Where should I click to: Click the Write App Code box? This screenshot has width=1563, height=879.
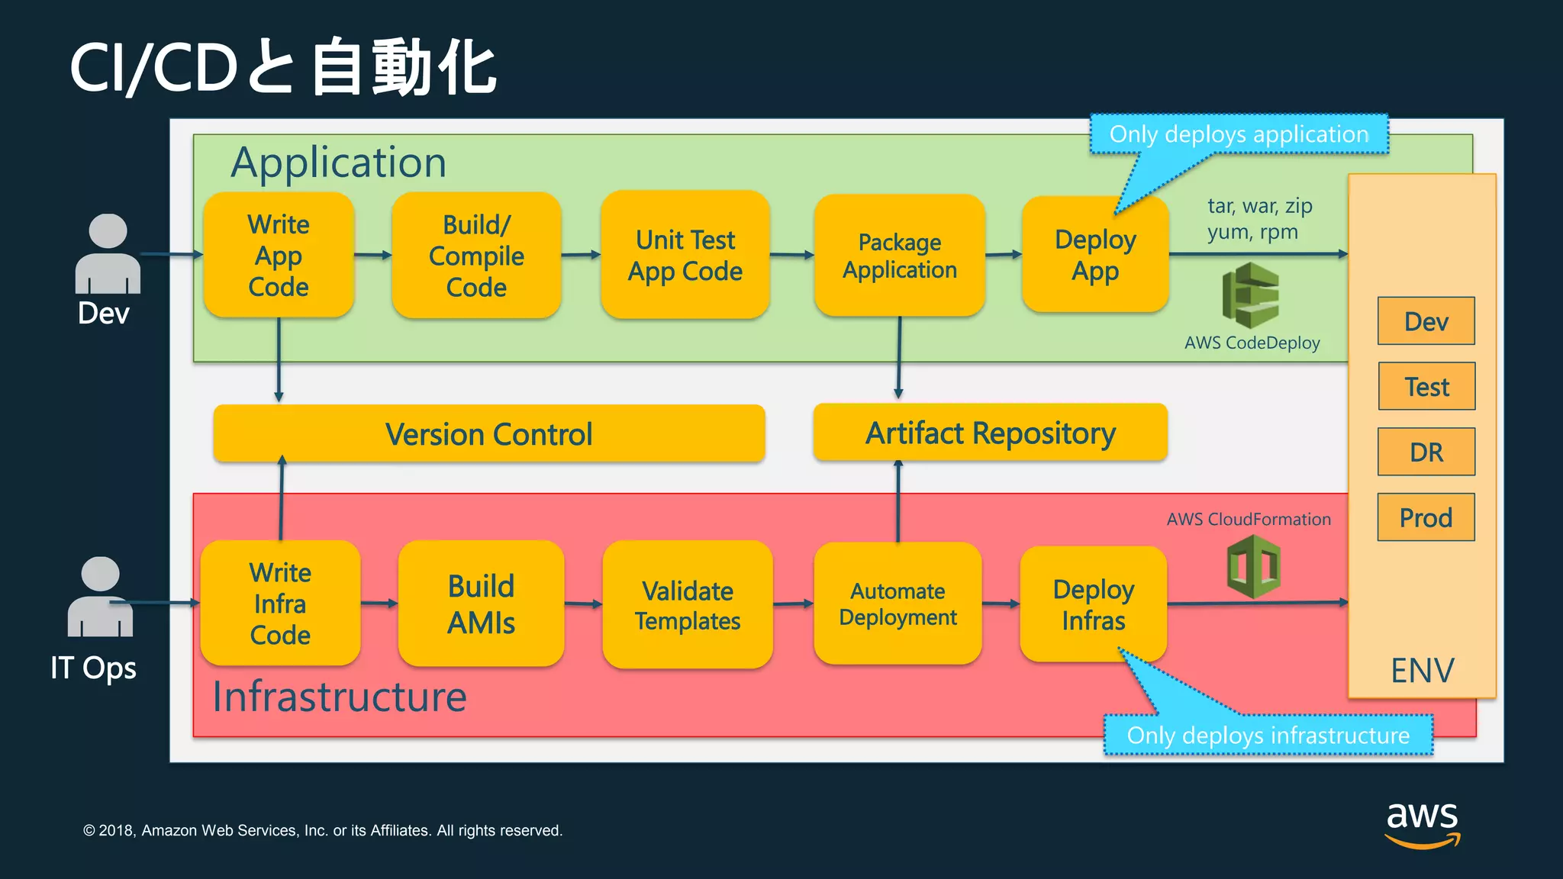click(279, 255)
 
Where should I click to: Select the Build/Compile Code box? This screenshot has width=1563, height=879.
click(476, 255)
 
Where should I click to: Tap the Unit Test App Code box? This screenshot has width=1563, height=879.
click(685, 255)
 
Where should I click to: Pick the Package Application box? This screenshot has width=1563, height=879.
click(899, 255)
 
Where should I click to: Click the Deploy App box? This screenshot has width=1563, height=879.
click(1095, 255)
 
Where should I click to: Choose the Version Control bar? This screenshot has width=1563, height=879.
click(488, 433)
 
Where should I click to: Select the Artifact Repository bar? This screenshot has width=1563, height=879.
click(990, 433)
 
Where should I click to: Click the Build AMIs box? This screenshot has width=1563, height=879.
click(481, 604)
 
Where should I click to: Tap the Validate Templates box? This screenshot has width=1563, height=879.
click(687, 605)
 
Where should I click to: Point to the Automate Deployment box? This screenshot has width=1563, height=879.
click(898, 604)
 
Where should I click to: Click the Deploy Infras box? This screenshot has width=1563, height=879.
click(1093, 604)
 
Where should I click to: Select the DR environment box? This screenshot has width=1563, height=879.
click(1426, 452)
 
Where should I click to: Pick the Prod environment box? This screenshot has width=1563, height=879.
click(1426, 517)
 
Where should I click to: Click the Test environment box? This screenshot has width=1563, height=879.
click(1426, 386)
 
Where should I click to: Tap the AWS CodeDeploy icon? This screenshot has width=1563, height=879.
click(1251, 295)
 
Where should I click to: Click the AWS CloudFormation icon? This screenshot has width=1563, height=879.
click(1253, 566)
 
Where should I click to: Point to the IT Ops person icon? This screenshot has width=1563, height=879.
click(100, 597)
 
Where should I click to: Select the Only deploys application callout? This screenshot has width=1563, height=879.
click(1238, 134)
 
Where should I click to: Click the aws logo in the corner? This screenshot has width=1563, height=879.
click(1422, 824)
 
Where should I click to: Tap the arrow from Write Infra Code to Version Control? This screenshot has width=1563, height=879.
click(282, 500)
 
